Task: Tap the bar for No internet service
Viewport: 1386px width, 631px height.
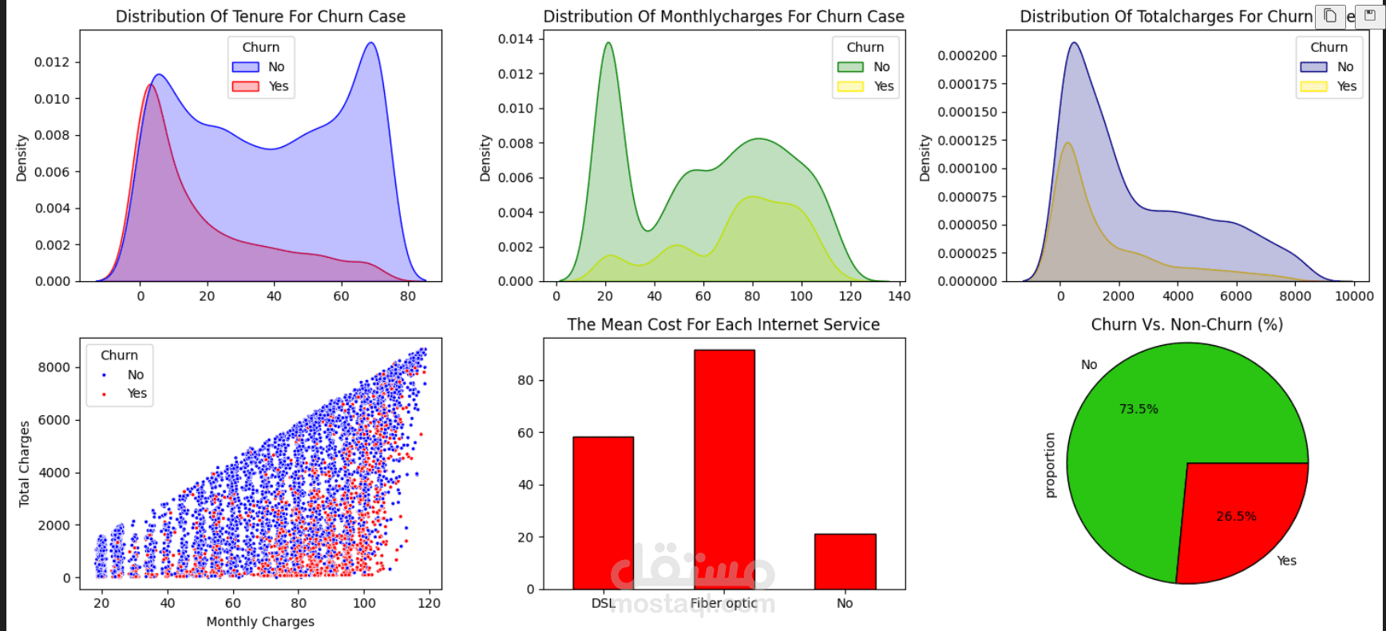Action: (x=845, y=562)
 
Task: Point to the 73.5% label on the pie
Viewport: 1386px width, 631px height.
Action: (x=1138, y=409)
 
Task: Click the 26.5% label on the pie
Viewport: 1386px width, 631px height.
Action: (x=1236, y=517)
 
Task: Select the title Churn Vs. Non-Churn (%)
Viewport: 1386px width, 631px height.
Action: (x=1186, y=324)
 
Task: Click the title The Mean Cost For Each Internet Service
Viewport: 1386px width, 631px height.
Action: (x=723, y=324)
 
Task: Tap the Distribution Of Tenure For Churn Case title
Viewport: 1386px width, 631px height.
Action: (x=260, y=17)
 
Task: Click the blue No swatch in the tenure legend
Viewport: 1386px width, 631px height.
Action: (x=246, y=67)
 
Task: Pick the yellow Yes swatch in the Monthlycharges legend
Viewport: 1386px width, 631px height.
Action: (x=850, y=86)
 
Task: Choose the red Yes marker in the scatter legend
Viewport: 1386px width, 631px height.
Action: (x=105, y=394)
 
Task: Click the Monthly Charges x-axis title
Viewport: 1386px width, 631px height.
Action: (x=260, y=621)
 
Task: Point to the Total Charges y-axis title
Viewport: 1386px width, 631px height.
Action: (x=24, y=464)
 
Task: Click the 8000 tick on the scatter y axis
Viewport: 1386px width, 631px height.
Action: (x=54, y=367)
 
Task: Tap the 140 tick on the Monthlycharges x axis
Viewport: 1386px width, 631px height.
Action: (x=899, y=296)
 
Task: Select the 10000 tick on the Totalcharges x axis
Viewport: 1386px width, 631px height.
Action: (x=1354, y=296)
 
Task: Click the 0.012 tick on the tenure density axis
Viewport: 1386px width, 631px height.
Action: (x=52, y=62)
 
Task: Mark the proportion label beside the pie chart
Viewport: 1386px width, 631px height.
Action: (x=1050, y=465)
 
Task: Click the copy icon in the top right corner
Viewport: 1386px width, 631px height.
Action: (x=1330, y=16)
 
